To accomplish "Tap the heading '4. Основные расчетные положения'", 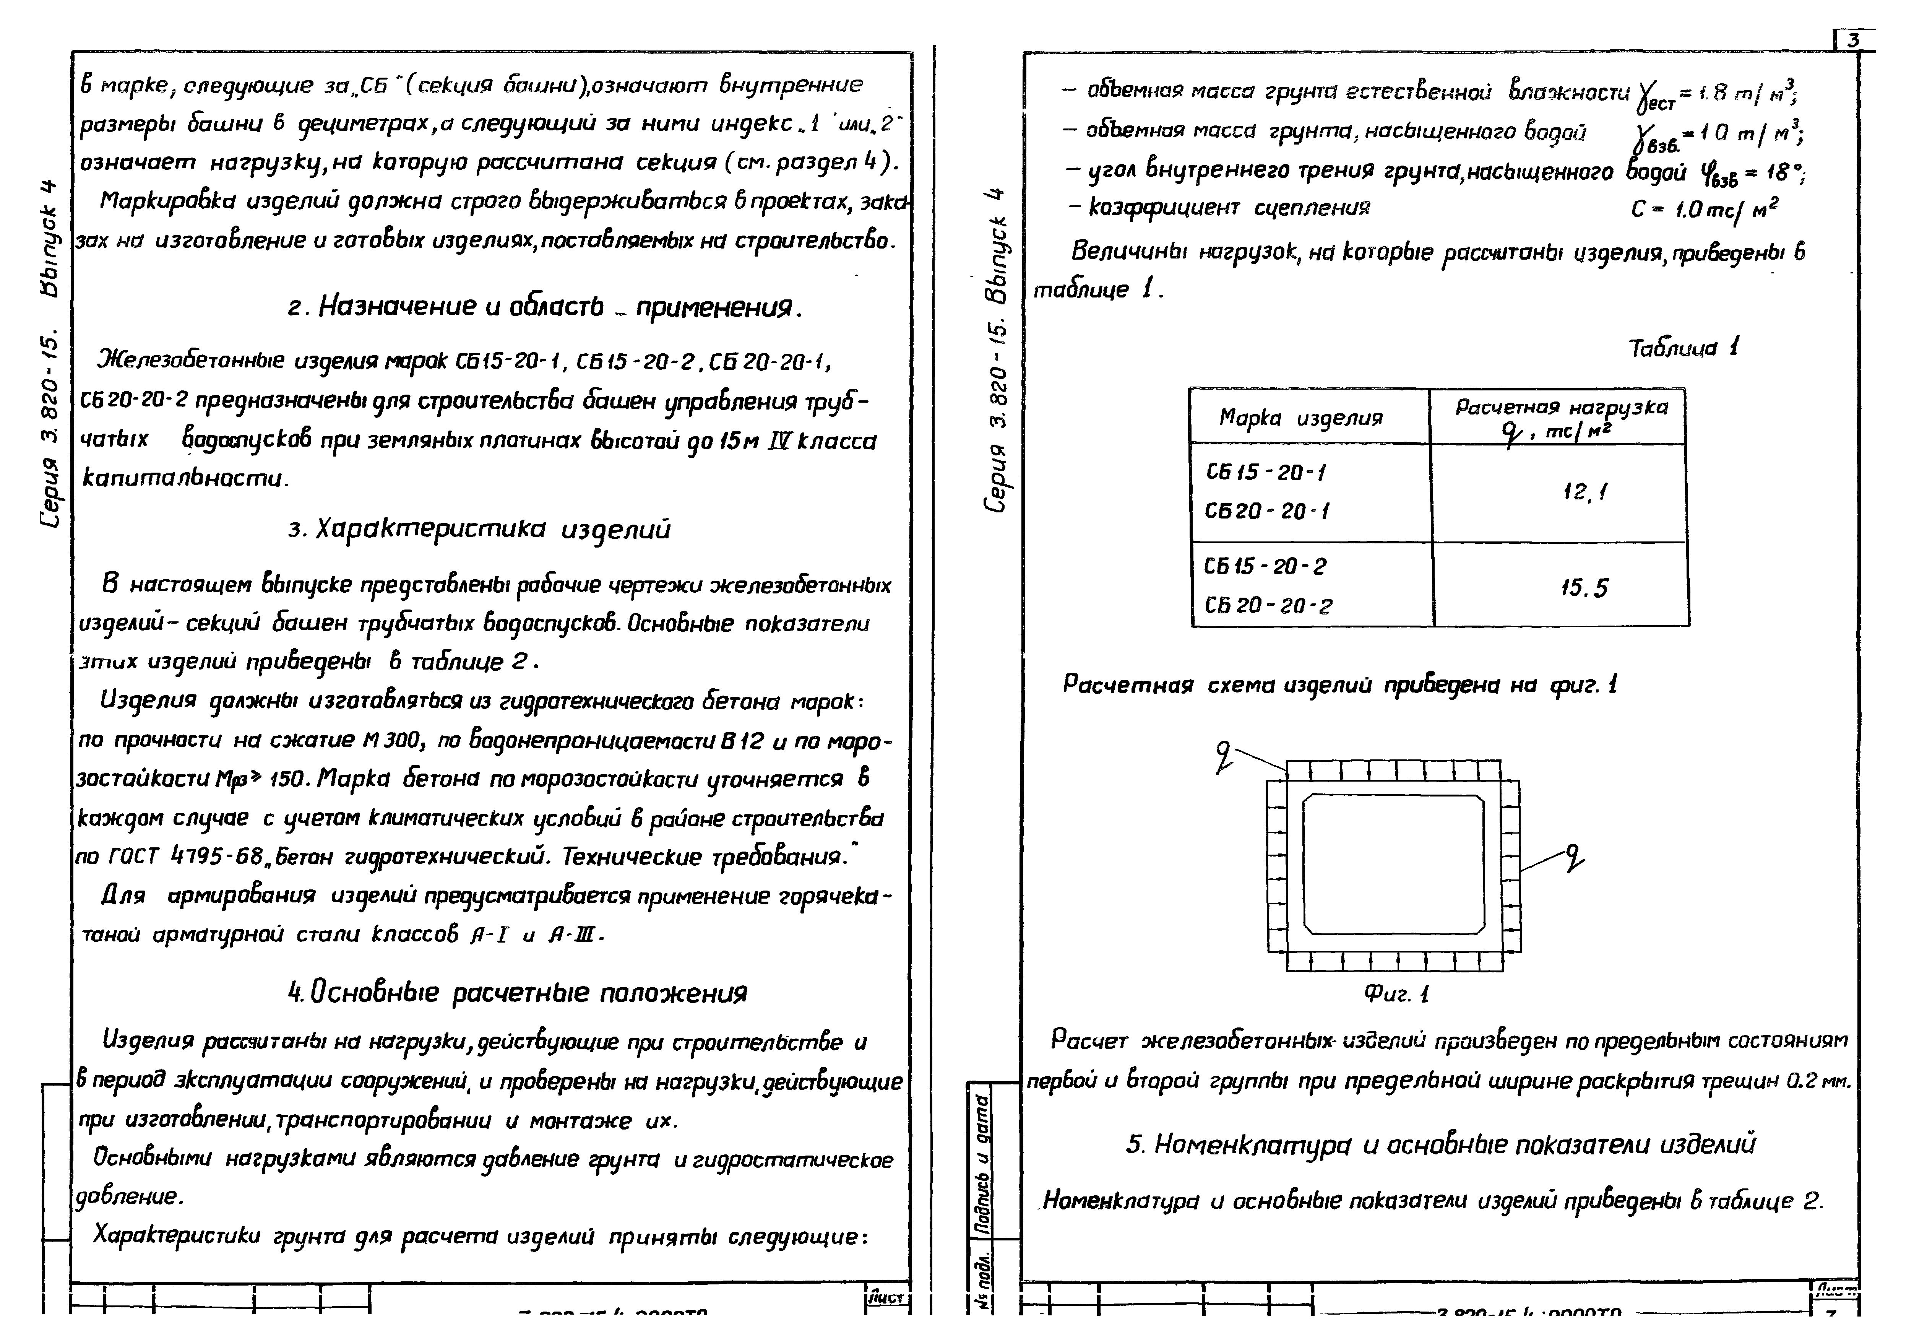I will pos(517,992).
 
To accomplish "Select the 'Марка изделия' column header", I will pos(1300,417).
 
